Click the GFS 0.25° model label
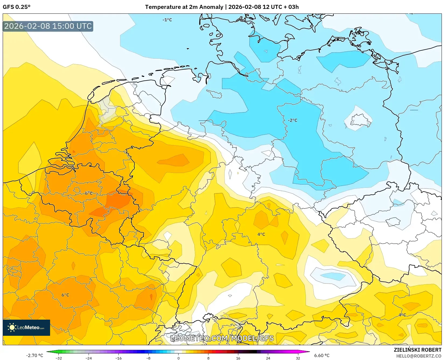pos(17,7)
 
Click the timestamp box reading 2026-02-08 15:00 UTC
pos(48,26)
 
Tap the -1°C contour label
pos(167,20)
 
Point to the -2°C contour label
pos(292,120)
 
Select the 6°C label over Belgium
pos(89,193)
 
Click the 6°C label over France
pos(65,295)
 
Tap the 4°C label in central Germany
pos(261,234)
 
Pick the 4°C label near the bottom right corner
pos(402,315)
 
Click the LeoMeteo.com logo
pos(26,327)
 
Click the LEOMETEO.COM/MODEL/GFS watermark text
pos(222,338)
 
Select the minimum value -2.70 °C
pos(34,355)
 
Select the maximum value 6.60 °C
pos(322,355)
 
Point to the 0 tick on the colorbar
pos(178,358)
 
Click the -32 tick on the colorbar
pos(59,358)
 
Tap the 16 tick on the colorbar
pos(238,358)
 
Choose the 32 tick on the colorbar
pos(298,358)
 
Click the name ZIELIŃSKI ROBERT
pos(417,350)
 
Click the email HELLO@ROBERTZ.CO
pos(418,356)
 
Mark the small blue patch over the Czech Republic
pos(333,276)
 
